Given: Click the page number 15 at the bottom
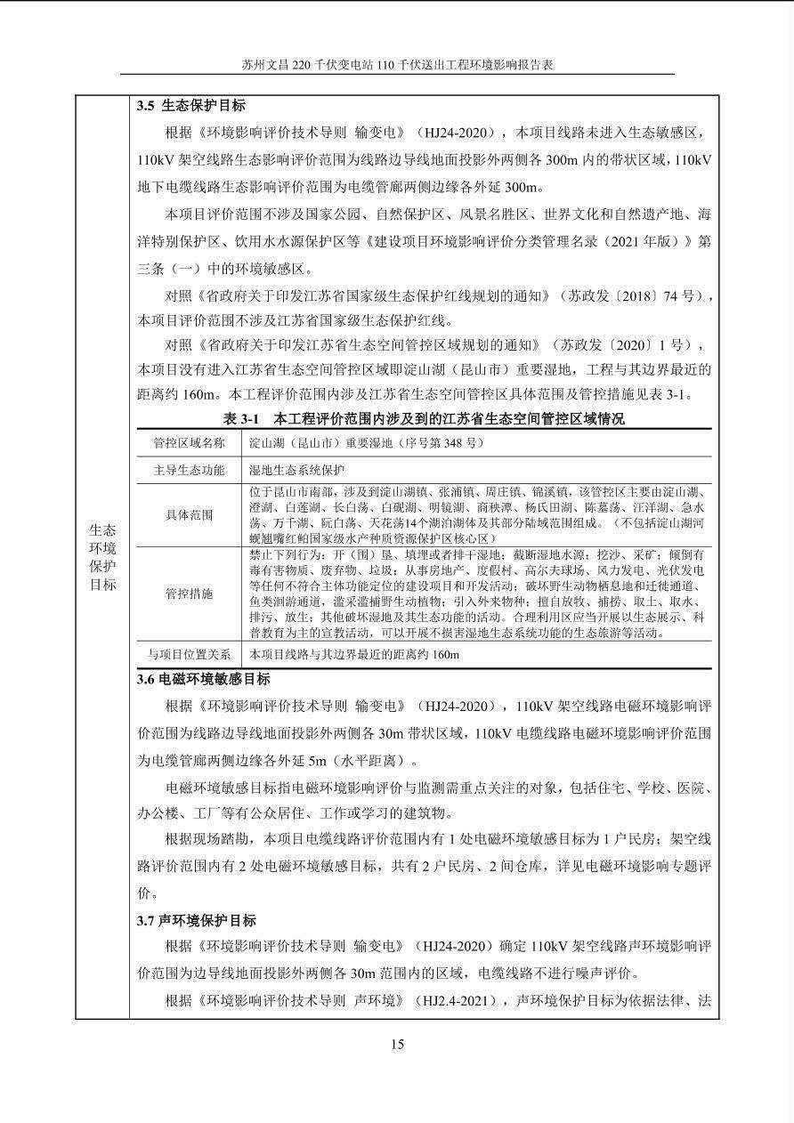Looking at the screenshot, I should click(397, 1044).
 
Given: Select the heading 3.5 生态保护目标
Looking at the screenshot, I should click(191, 105).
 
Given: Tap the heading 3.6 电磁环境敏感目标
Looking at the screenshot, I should click(203, 679).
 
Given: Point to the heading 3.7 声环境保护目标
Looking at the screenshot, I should click(197, 920).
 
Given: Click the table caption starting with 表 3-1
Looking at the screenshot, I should click(424, 418).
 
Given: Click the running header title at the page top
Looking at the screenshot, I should click(397, 65).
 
